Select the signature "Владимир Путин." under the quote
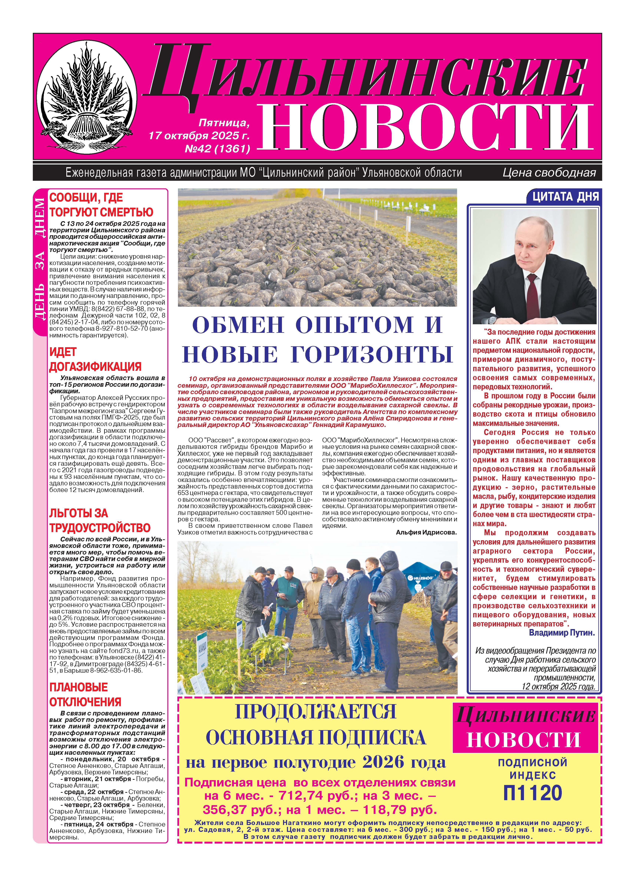[562, 633]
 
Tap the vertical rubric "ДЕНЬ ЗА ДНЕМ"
[40, 263]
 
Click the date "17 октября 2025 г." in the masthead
[199, 136]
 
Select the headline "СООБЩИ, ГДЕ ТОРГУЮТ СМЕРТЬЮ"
[101, 205]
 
